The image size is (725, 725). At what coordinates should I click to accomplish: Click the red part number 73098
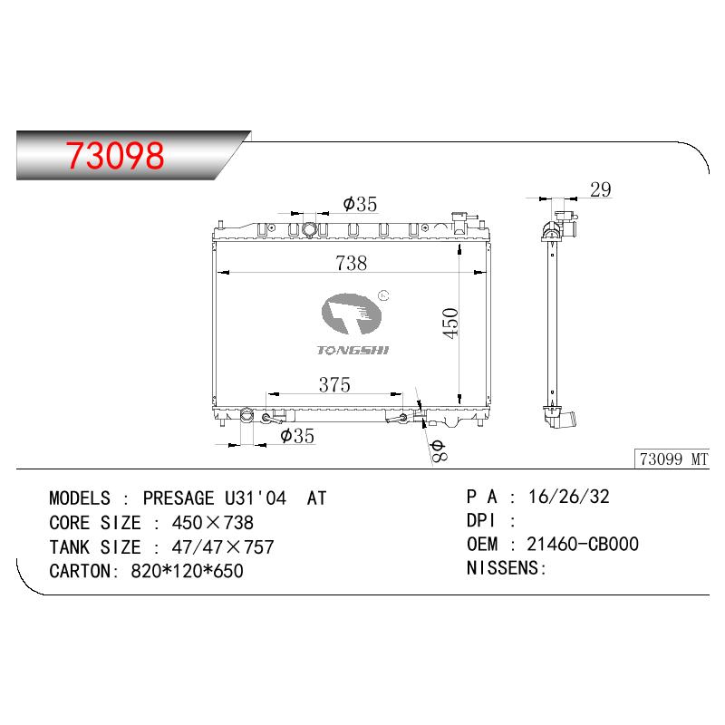click(115, 155)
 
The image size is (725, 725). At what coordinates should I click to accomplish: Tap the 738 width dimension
click(352, 263)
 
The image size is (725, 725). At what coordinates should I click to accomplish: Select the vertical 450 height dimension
click(449, 324)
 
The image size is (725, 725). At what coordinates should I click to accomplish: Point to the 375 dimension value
click(334, 384)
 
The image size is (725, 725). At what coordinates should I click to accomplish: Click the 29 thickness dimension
click(601, 189)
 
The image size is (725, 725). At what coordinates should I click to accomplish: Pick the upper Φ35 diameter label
click(360, 204)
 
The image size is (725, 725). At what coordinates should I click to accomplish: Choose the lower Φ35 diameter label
click(297, 436)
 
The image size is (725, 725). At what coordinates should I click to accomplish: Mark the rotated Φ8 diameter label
click(439, 450)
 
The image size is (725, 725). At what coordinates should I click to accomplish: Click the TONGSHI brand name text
click(353, 350)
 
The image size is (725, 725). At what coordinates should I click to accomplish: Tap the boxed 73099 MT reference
click(673, 459)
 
